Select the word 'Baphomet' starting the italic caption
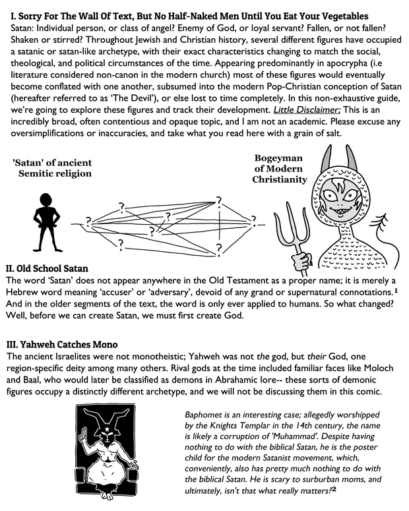(x=209, y=414)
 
